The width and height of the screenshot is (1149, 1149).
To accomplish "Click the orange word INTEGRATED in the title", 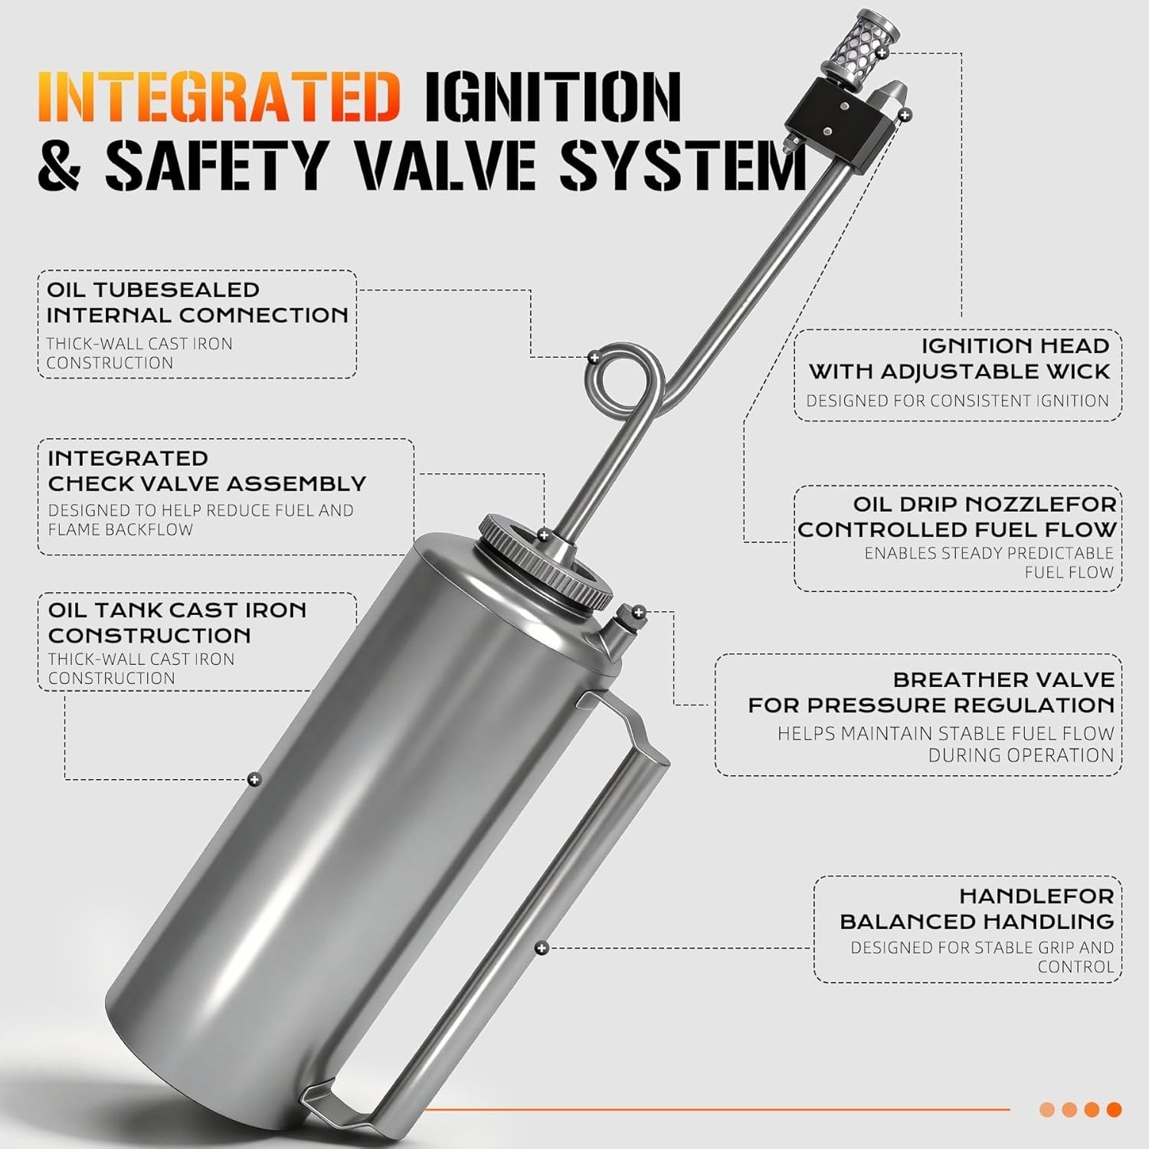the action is click(x=219, y=97).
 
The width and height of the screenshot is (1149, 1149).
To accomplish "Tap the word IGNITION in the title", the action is click(x=552, y=97).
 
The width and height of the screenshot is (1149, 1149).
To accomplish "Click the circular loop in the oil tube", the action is click(x=622, y=380).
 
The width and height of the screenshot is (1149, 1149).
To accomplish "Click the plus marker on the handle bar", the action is click(x=542, y=948).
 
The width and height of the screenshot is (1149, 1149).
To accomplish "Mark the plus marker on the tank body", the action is click(x=255, y=780).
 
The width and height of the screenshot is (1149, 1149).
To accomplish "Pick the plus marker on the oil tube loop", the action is click(x=594, y=358).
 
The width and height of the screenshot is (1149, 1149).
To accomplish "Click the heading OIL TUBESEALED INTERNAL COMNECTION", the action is click(x=197, y=303).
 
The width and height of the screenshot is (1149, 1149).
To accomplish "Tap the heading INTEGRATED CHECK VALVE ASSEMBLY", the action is click(x=207, y=471).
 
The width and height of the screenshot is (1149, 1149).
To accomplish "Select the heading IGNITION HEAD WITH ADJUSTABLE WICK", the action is click(x=959, y=358).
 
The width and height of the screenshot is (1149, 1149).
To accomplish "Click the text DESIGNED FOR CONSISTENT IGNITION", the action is click(x=957, y=401).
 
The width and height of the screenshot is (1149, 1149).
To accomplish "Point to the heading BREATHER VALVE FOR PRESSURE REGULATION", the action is click(x=931, y=692).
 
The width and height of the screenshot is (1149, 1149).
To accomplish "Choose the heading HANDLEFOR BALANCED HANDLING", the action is click(x=977, y=908).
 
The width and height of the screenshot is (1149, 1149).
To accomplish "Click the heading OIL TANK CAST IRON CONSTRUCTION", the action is click(x=177, y=623).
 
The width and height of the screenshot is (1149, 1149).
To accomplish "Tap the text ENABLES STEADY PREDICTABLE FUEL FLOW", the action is click(x=989, y=562).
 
